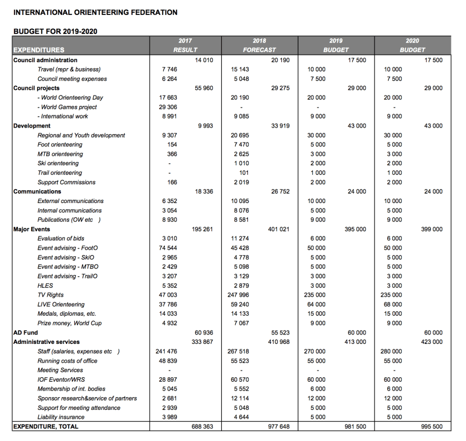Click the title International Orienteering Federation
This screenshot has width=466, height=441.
pos(95,12)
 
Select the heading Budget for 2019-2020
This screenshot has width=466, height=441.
pos(55,31)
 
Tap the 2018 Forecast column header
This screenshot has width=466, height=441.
pos(259,45)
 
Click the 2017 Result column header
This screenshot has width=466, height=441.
pos(185,45)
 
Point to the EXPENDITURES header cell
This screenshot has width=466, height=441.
pos(39,50)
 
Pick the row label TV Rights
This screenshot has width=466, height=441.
pos(50,295)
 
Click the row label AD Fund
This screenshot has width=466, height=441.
pos(25,333)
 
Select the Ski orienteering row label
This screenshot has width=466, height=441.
pos(58,163)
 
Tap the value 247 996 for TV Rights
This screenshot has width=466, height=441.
pos(239,295)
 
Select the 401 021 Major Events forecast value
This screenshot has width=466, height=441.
pos(278,229)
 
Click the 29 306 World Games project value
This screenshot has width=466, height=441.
pos(168,107)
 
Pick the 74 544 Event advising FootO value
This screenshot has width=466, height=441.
pos(168,248)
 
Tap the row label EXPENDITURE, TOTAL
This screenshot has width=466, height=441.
pos(45,427)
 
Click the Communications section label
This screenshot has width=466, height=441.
pos(38,191)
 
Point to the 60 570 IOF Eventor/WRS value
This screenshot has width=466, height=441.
pos(240,379)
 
